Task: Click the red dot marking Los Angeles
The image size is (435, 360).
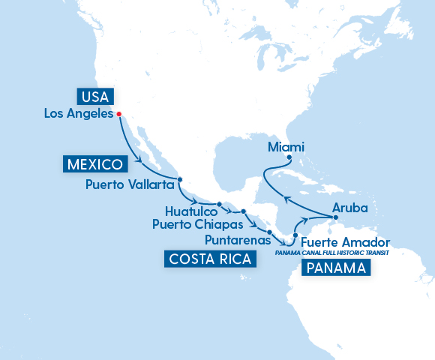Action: (119, 115)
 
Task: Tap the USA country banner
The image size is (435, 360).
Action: (94, 97)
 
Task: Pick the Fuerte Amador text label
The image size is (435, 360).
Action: (346, 242)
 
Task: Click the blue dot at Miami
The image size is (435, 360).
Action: (289, 157)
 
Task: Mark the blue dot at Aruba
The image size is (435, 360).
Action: (336, 218)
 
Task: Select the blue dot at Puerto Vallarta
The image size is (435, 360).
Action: (180, 179)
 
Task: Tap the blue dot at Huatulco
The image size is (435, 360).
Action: (219, 204)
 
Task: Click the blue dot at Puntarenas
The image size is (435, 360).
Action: (269, 222)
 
